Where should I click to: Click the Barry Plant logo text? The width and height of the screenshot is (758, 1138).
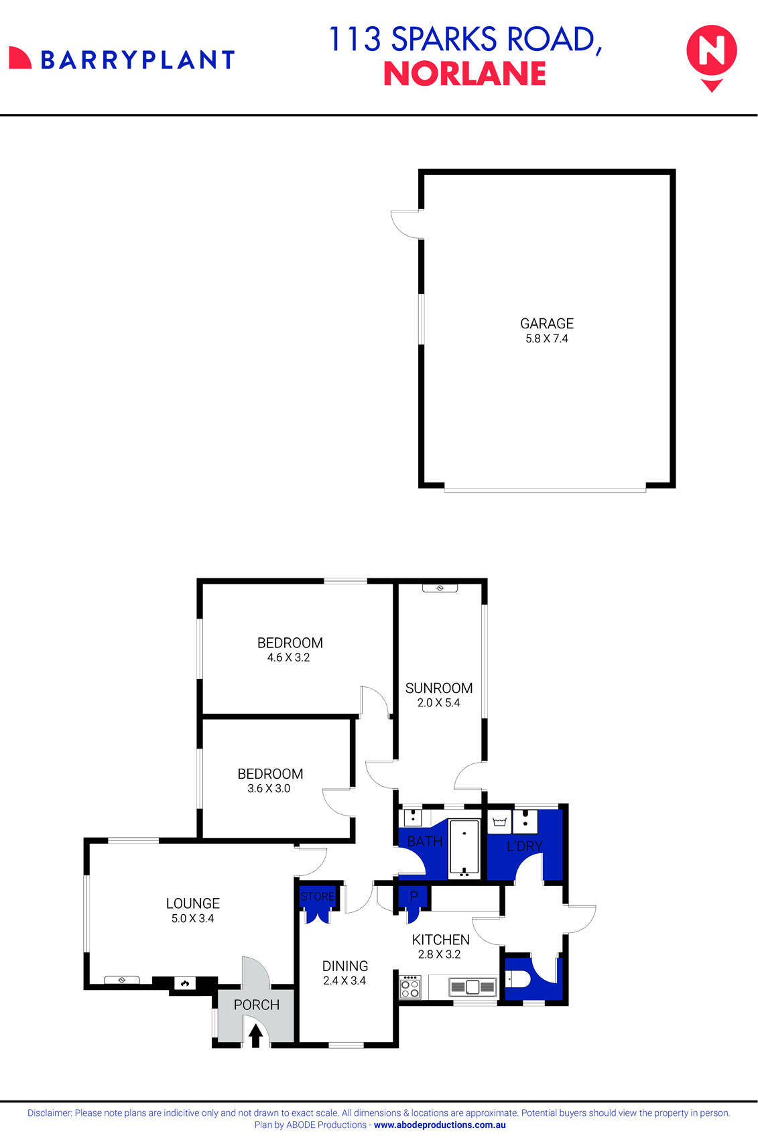137,60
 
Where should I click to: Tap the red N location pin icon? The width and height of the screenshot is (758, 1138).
711,54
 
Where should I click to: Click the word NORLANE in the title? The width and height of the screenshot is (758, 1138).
464,74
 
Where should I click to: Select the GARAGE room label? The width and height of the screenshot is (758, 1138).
547,324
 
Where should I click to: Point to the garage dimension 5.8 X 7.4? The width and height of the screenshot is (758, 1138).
547,339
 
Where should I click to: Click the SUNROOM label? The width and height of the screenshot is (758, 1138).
439,688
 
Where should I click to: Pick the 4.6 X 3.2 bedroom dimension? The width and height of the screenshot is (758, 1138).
289,657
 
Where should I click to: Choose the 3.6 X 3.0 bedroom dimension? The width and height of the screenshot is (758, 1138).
269,789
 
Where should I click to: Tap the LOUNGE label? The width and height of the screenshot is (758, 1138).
193,903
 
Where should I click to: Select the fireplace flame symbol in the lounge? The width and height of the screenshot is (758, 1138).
185,983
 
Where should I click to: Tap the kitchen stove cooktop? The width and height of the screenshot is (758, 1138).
409,988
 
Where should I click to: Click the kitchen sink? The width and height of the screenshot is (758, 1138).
473,987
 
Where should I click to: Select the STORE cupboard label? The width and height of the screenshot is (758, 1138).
317,897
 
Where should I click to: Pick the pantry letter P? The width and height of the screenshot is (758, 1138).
414,896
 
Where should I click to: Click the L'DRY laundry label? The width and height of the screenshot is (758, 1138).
524,846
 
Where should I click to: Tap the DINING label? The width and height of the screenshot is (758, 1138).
345,966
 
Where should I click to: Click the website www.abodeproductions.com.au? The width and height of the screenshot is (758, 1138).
440,1125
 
